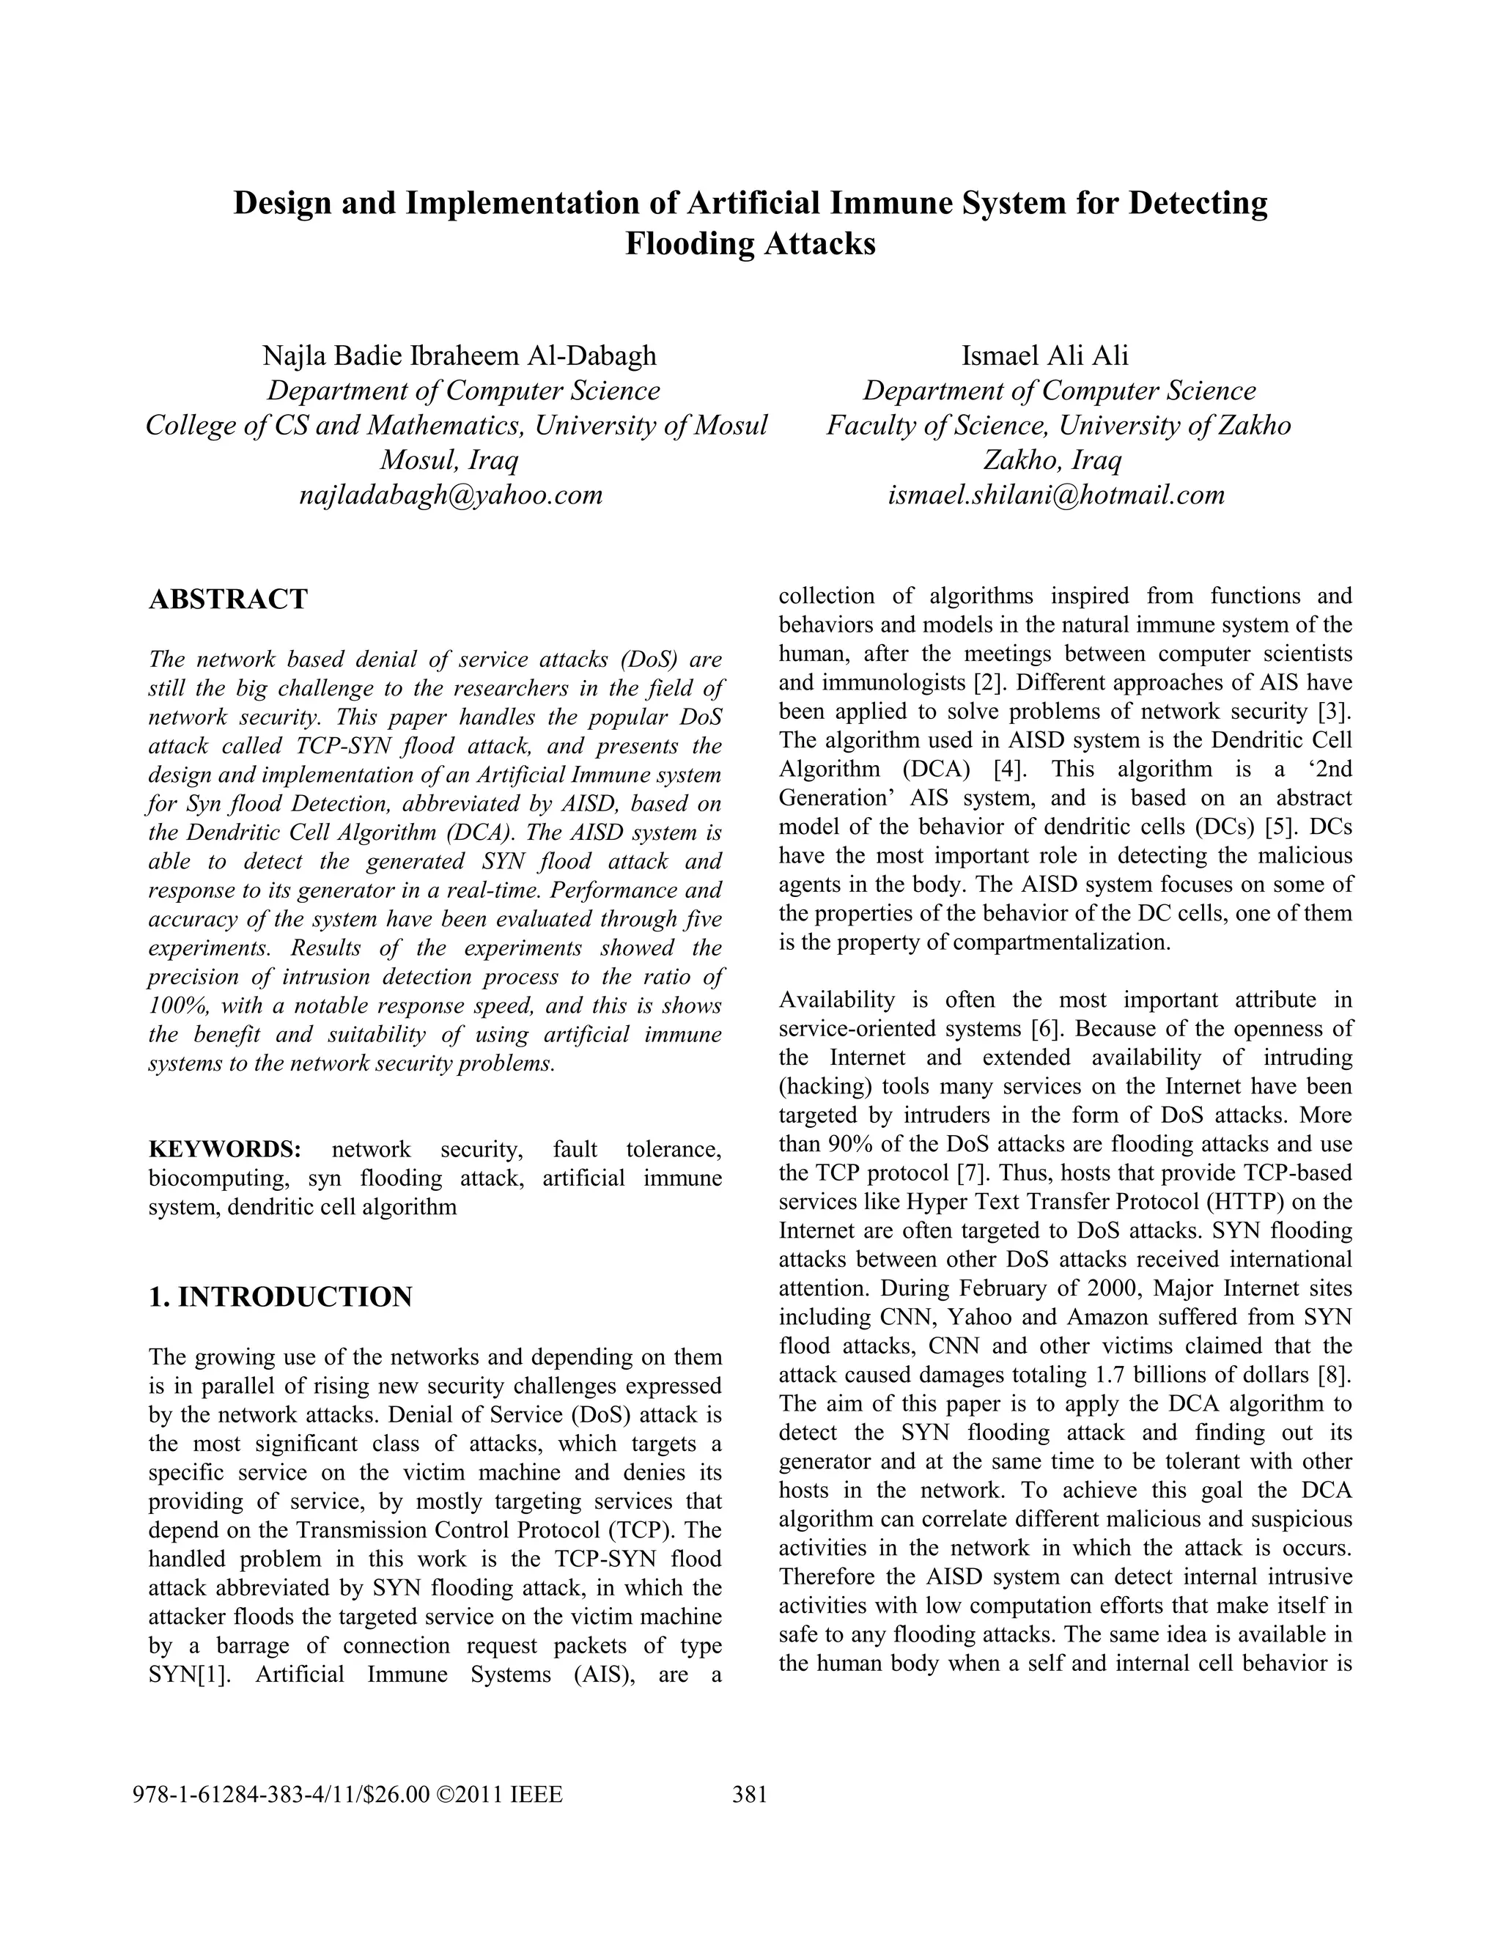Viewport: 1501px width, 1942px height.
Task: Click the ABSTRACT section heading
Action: pyautogui.click(x=228, y=599)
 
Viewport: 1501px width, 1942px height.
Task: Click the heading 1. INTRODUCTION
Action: pyautogui.click(x=280, y=1297)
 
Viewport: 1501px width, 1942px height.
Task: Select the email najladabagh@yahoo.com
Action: pyautogui.click(x=451, y=495)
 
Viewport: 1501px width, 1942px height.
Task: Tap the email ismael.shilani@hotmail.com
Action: pyautogui.click(x=1056, y=495)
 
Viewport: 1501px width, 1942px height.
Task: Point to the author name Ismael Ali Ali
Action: pyautogui.click(x=1045, y=355)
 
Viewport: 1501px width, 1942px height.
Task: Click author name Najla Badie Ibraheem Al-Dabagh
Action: pyautogui.click(x=459, y=355)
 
